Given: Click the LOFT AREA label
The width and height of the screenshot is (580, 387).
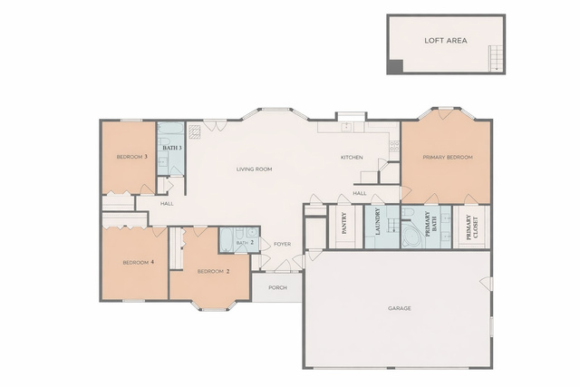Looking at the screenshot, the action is click(445, 40).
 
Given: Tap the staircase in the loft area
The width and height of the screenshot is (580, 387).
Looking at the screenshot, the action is click(496, 58).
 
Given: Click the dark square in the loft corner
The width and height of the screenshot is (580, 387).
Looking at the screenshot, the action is click(396, 66).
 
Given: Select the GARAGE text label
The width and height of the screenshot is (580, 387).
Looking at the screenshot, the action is click(400, 308).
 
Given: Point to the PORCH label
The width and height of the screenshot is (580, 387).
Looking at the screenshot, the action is click(277, 287).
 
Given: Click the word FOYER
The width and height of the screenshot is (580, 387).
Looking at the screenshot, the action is click(282, 244).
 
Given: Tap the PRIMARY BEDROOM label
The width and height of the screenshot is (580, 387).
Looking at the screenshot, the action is click(448, 157).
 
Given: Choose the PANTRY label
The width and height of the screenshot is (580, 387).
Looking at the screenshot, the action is click(344, 223).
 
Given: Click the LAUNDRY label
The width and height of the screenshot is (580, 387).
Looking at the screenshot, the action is click(378, 222).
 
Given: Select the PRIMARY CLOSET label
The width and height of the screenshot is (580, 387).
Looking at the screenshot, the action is click(471, 227).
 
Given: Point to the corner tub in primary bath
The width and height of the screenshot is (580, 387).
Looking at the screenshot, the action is click(411, 234).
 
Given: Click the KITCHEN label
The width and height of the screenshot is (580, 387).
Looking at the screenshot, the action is click(352, 158).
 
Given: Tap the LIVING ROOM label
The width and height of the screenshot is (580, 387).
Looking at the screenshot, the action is click(254, 169).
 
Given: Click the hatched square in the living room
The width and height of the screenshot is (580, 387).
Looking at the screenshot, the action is click(195, 131).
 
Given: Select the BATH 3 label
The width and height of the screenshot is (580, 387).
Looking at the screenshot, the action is click(172, 148).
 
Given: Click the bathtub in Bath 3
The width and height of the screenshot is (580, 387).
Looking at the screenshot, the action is click(170, 129).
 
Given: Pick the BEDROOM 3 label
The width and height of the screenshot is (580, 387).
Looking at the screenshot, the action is click(132, 157).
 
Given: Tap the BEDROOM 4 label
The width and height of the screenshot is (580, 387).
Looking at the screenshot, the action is click(139, 263).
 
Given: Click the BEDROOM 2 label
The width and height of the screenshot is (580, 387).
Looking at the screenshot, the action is click(214, 272).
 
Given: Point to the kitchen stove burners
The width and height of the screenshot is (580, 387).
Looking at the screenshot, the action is click(394, 147).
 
